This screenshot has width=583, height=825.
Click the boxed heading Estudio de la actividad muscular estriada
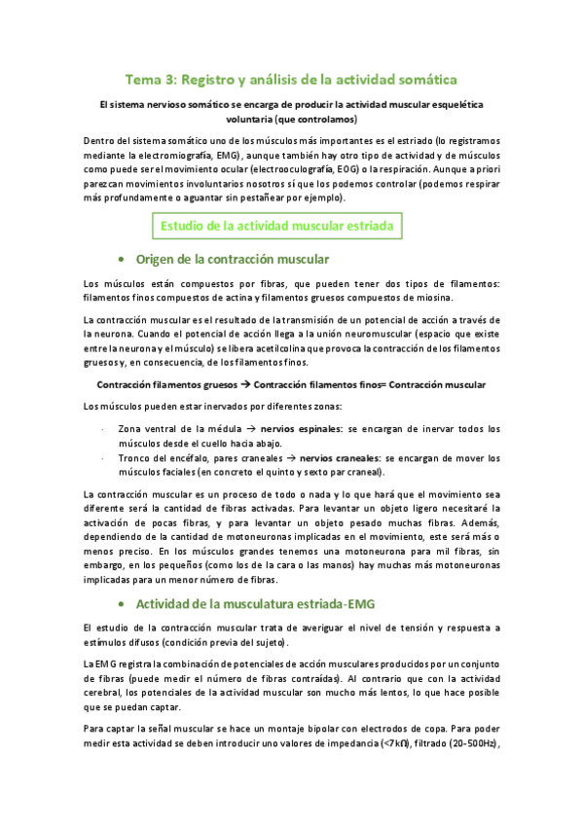pos(276,227)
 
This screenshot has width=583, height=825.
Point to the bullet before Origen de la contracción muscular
pos(120,260)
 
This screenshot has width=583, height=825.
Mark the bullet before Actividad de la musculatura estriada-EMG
pos(120,577)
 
